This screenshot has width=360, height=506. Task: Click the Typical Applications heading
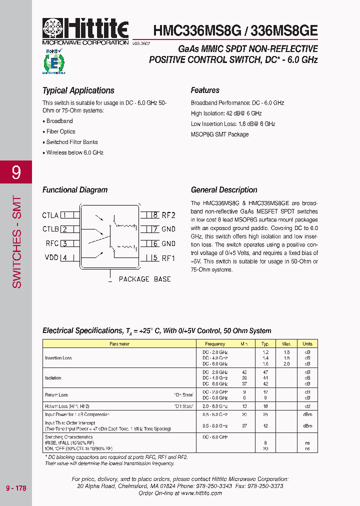(78, 90)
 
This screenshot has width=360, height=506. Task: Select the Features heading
(205, 90)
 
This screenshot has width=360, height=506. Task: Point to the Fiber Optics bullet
(60, 131)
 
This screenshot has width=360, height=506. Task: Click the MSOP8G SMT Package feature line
(219, 134)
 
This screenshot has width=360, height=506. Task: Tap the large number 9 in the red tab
(16, 172)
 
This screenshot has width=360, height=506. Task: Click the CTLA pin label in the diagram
(50, 215)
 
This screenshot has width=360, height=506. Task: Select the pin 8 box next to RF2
(155, 215)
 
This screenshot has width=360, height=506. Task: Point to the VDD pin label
(51, 258)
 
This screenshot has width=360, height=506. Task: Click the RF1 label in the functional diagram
(168, 258)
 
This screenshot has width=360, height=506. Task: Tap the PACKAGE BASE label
(144, 279)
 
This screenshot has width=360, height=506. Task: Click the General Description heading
(224, 190)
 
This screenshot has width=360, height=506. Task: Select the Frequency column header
(215, 344)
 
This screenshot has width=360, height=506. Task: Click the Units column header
(307, 344)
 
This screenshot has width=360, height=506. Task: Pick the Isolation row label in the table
(53, 378)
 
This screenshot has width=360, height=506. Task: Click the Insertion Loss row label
(58, 358)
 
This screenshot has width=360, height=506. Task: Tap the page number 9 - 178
(16, 488)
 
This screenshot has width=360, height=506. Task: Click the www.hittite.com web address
(201, 493)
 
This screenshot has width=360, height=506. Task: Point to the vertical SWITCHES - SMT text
(16, 241)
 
